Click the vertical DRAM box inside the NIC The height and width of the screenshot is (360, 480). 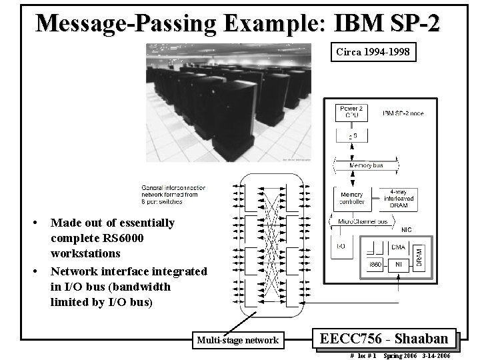419,254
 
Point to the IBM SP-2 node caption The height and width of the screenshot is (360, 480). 403,113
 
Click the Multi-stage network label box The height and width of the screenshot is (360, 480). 237,340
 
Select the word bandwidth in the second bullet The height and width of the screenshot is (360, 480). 143,287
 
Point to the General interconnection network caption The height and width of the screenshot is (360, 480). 173,195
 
